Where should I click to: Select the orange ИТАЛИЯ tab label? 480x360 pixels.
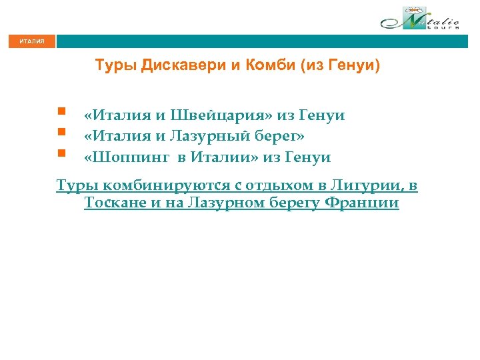pos(32,41)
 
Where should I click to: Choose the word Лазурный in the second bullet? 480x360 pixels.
pos(212,136)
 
